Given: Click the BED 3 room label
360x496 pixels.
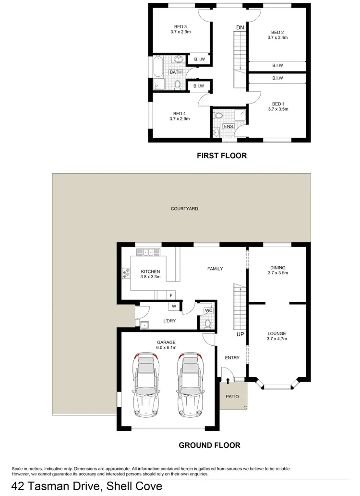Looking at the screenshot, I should (x=180, y=26).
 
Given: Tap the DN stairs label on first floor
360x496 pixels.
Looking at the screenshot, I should (x=240, y=27).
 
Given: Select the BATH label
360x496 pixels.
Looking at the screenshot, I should (x=175, y=72).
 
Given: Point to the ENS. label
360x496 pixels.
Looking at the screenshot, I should (x=228, y=127).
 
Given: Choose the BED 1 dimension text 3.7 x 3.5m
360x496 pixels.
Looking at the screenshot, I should (x=278, y=109).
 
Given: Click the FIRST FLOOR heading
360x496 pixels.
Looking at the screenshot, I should (x=222, y=155).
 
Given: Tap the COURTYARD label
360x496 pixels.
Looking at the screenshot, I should (x=184, y=209).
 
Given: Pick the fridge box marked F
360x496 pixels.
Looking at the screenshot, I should (x=171, y=295).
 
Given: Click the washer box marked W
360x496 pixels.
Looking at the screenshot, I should (x=173, y=307).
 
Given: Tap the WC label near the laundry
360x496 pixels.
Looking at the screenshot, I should (x=208, y=311).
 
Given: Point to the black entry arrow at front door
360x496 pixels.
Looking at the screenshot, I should (x=228, y=381).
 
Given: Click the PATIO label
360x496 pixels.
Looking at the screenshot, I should (x=233, y=396).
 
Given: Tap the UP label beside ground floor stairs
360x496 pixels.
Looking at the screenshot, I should (x=240, y=334).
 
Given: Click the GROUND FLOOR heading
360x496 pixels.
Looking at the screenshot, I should (x=209, y=445).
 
